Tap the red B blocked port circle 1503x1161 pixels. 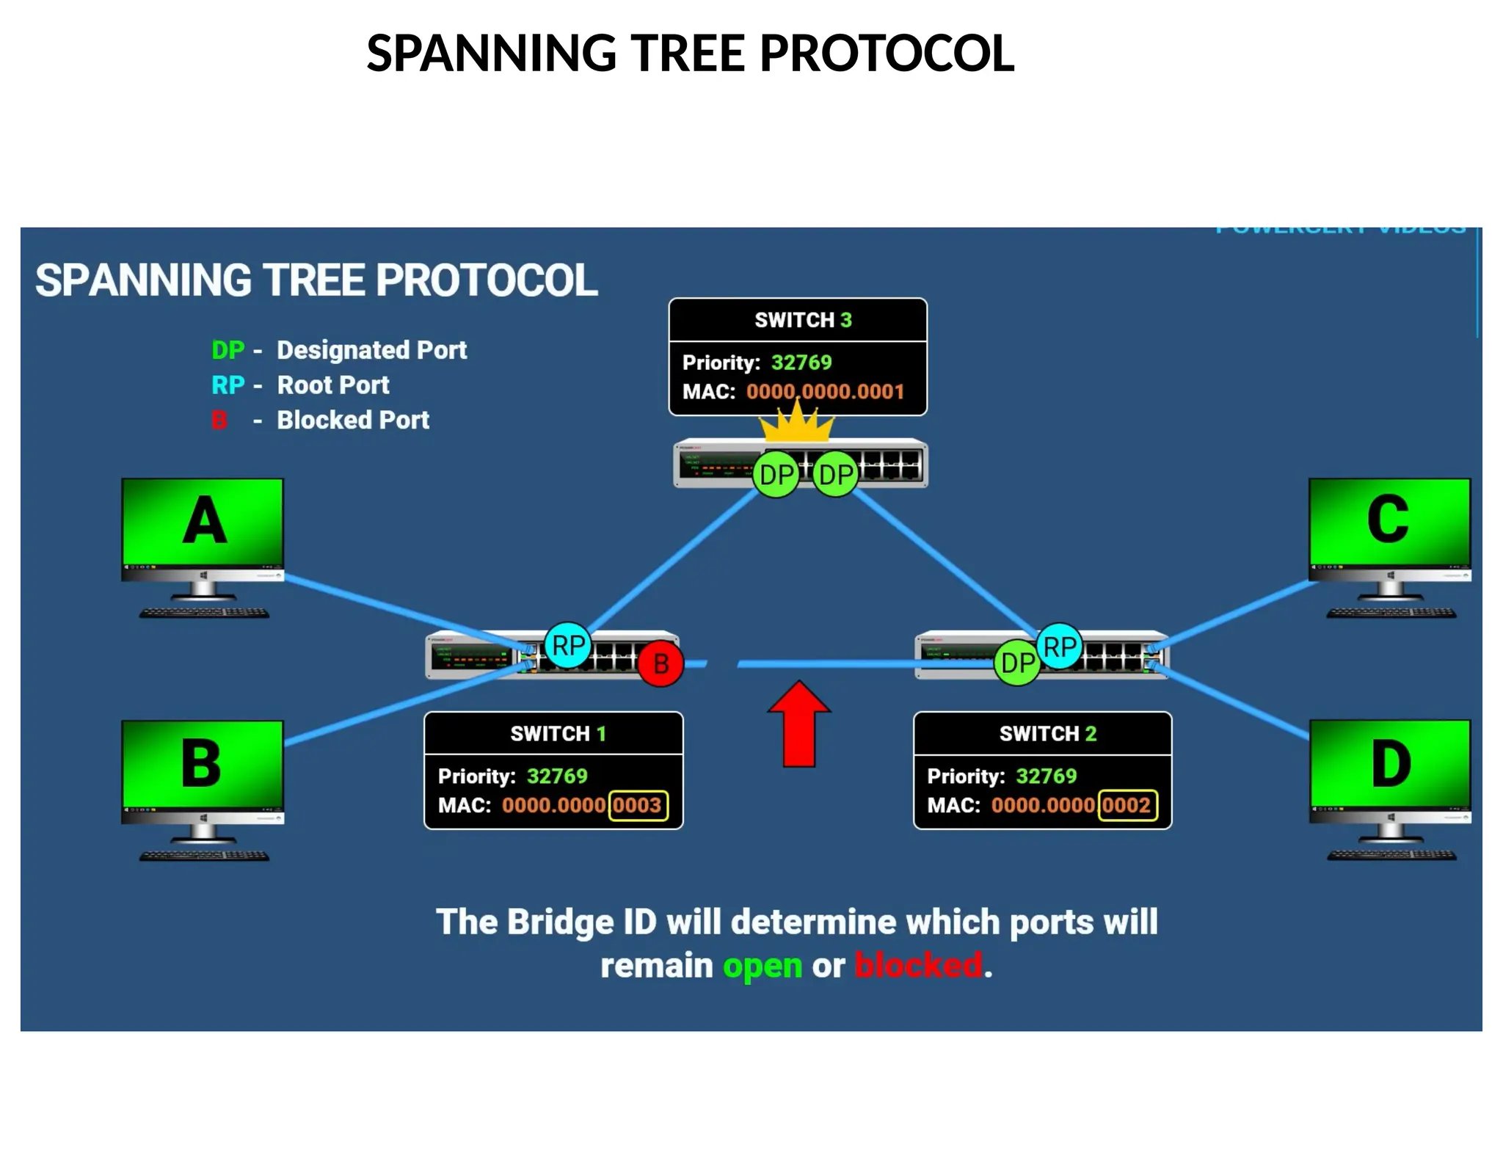point(660,663)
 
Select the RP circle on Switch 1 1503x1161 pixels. point(567,645)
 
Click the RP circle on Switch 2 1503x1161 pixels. point(1059,647)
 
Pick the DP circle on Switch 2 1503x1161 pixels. point(1017,663)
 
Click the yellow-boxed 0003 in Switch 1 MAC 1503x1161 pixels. point(637,805)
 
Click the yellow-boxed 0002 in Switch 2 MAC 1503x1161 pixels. point(1127,805)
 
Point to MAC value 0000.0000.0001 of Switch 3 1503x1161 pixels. point(825,391)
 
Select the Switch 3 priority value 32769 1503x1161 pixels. point(801,363)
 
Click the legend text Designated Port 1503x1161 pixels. point(371,350)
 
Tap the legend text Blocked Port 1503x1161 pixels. point(353,420)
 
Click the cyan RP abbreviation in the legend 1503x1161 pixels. point(228,385)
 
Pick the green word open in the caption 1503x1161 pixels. point(762,966)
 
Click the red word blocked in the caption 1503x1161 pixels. point(918,965)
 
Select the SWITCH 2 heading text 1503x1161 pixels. point(1047,733)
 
